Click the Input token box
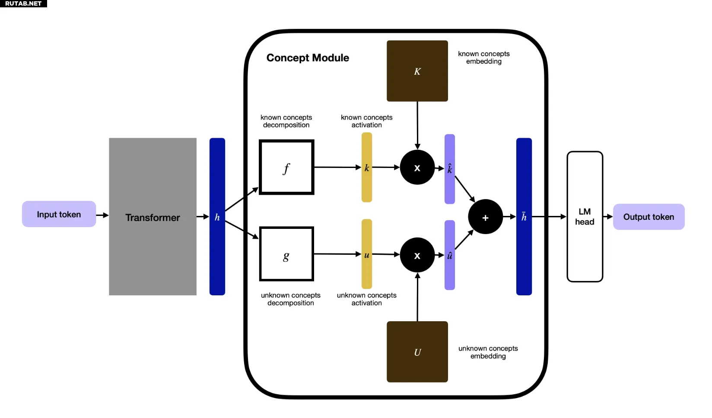tap(59, 214)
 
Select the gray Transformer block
tap(153, 216)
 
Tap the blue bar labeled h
tap(217, 216)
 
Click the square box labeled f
tap(286, 167)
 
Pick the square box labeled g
tap(286, 254)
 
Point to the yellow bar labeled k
tap(366, 167)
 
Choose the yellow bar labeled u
tap(366, 254)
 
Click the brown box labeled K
tap(417, 71)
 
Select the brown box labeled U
tap(417, 351)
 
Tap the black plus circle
tap(485, 217)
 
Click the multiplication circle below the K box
tap(417, 168)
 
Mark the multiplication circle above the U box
tap(417, 255)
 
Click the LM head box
tap(585, 216)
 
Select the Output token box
tap(648, 217)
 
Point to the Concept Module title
tap(308, 58)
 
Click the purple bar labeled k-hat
tap(449, 169)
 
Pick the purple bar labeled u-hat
tap(449, 255)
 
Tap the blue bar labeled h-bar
tap(524, 216)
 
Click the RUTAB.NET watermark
tap(23, 3)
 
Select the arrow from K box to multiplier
tap(417, 125)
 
